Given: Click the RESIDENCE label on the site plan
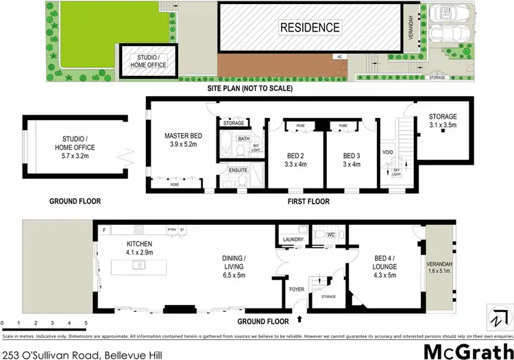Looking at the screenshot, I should point(308,28).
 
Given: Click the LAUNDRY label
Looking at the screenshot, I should point(293,240).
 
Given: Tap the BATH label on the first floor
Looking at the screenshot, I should point(243,139).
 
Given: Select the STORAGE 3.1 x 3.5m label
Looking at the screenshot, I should point(442,121).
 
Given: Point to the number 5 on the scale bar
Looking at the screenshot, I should point(86,322).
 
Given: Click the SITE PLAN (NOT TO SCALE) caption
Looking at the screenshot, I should point(251,88).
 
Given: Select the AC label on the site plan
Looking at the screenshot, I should point(339,57).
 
